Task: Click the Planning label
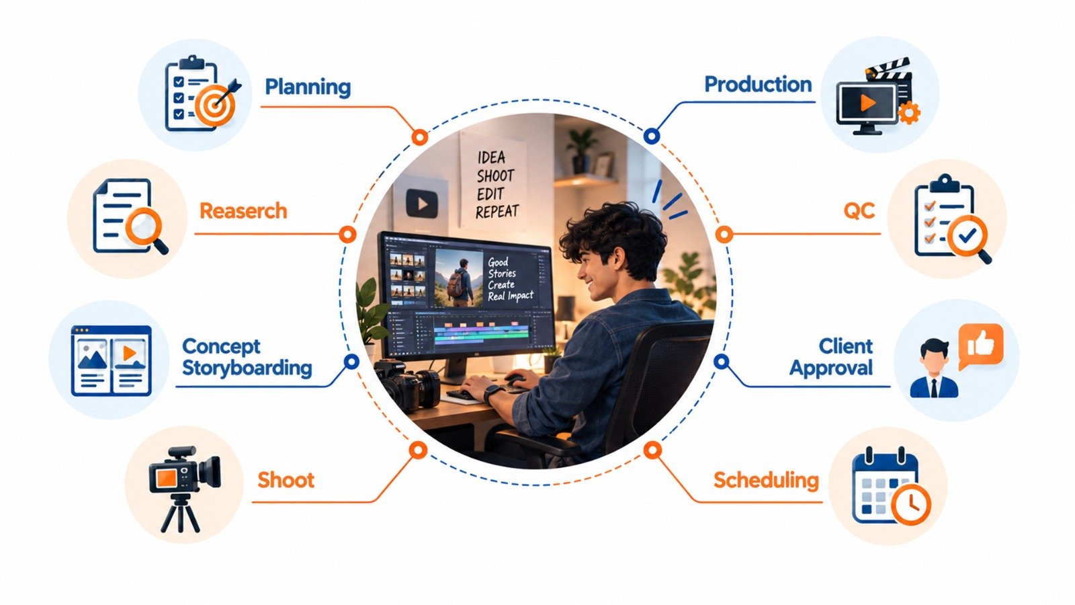point(308,87)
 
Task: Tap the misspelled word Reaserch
point(243,211)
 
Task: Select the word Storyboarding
point(247,368)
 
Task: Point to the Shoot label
point(286,480)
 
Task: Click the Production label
point(759,85)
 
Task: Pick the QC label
point(859,211)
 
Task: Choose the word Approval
point(831,368)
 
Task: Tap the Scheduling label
point(766,480)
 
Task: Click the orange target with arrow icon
point(217,104)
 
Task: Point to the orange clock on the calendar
point(911,505)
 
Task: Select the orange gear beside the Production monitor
point(908,114)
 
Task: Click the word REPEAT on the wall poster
point(497,212)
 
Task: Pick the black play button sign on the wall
point(422,204)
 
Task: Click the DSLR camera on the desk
point(407,384)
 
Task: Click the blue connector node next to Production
point(651,136)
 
